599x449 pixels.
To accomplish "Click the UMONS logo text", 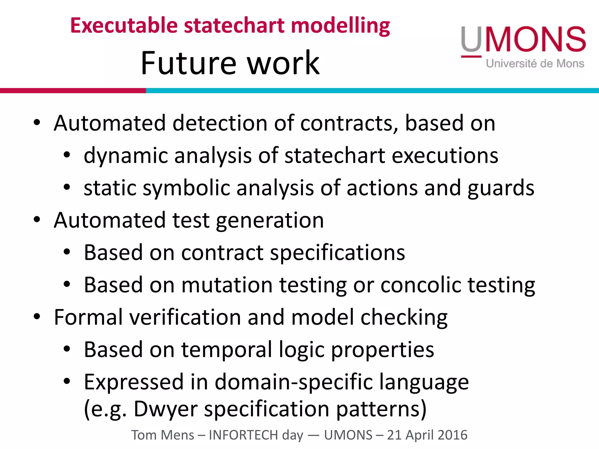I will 524,39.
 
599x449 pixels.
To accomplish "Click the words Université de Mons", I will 535,63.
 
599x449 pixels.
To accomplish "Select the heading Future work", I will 230,63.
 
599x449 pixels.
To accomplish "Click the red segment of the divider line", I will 73,91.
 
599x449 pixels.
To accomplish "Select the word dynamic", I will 126,156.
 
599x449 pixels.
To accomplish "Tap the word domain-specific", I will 294,382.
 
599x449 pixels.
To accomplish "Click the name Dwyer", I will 166,409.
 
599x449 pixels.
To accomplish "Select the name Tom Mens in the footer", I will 162,435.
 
